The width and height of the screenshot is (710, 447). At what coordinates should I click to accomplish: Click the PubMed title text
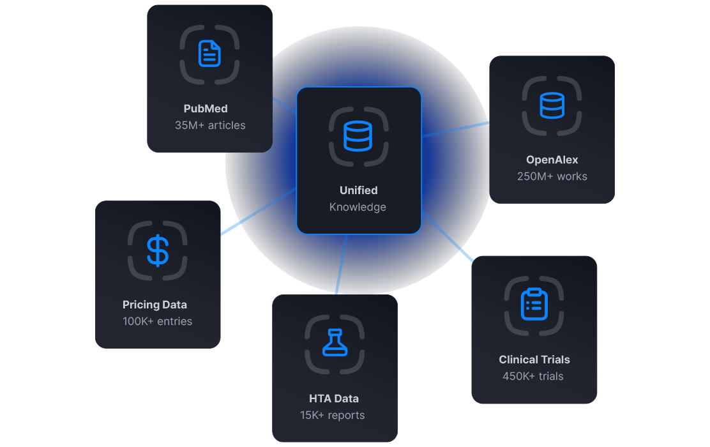coord(206,109)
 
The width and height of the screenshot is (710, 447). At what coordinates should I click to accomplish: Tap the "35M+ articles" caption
coord(210,125)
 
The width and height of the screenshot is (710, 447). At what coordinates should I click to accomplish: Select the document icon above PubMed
coord(209,54)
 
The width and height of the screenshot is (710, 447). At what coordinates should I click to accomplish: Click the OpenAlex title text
coord(552,160)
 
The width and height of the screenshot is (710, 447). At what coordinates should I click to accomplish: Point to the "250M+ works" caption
coord(552,176)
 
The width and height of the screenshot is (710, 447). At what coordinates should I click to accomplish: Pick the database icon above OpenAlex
coord(552,105)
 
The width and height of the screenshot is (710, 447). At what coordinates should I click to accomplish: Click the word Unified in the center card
coord(358,190)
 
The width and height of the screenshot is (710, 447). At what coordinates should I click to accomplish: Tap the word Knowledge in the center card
coord(358,207)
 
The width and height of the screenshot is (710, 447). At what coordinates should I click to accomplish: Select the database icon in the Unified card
coord(358,136)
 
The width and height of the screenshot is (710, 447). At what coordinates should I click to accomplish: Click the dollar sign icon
coord(157,250)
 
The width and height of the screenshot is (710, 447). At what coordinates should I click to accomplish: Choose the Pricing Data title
coord(155,305)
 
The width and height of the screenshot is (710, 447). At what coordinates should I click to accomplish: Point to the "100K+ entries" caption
coord(157,321)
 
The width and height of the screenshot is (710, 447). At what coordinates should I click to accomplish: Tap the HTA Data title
coord(334,398)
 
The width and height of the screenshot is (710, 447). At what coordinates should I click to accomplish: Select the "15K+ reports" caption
coord(332,415)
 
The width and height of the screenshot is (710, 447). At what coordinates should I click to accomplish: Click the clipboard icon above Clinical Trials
coord(534,305)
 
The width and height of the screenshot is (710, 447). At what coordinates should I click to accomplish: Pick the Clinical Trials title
coord(534,360)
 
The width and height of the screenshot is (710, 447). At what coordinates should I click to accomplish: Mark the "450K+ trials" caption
coord(533,376)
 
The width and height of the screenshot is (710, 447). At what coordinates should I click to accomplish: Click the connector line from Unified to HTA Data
coord(342,263)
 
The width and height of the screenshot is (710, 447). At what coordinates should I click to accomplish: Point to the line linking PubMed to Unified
coord(285,106)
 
